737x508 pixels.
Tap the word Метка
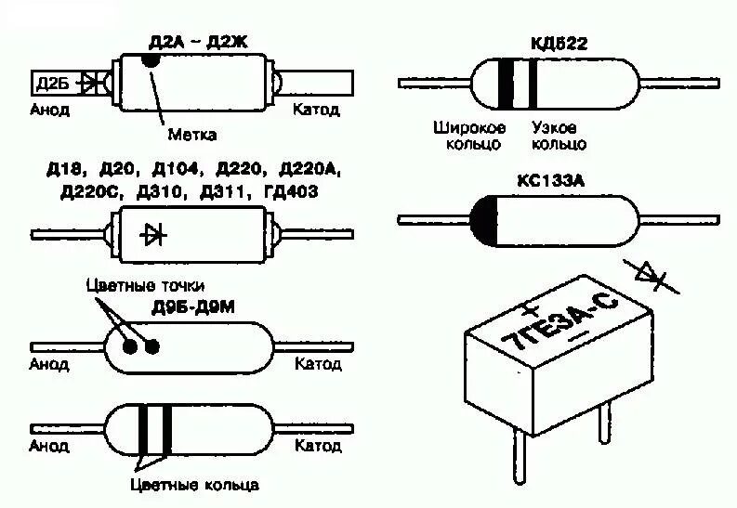coord(191,135)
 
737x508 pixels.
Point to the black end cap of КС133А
coord(483,219)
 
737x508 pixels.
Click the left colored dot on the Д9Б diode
coord(131,346)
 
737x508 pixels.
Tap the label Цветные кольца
coord(193,485)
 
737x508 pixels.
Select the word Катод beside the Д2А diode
coord(316,110)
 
